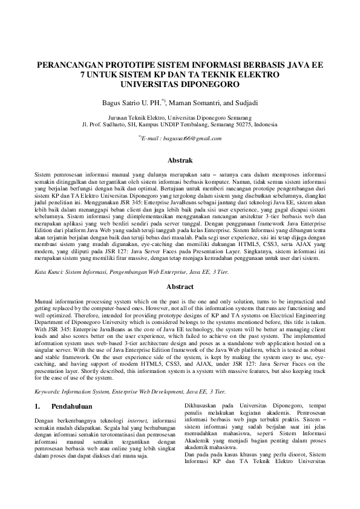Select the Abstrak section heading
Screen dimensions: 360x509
click(180, 161)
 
